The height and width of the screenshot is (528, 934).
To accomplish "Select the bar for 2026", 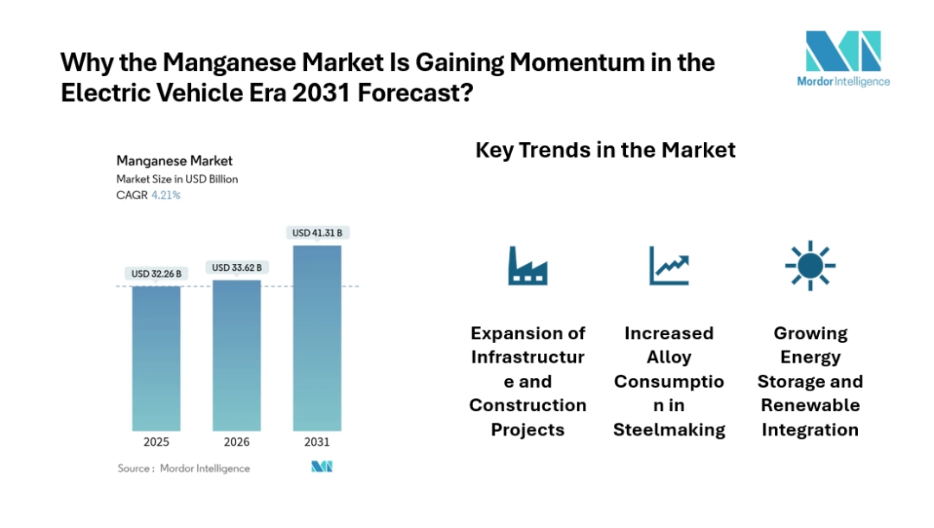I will (x=237, y=355).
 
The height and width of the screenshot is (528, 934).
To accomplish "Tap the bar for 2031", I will (x=317, y=338).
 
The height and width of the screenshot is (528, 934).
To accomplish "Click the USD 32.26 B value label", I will (x=157, y=274).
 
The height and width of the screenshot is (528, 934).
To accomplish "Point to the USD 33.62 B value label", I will (x=237, y=267).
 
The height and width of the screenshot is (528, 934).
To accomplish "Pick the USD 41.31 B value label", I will (x=317, y=233).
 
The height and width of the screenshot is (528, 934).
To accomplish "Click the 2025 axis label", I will (x=157, y=442).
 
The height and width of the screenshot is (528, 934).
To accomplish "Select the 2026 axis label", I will (x=237, y=442).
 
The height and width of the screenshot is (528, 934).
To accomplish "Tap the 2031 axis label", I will (x=317, y=442).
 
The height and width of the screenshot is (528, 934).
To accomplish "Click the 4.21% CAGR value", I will (x=166, y=196).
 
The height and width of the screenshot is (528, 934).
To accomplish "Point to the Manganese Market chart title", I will (x=174, y=161).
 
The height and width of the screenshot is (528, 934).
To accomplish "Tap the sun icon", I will (x=809, y=265).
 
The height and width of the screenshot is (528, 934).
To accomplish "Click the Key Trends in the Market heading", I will (x=605, y=150).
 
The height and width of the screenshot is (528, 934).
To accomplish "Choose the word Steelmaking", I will (x=669, y=430).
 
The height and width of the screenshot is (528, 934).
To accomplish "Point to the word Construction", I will (x=528, y=406).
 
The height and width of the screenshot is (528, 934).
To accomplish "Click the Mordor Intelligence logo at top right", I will (x=842, y=59).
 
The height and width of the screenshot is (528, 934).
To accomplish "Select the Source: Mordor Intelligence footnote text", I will (x=184, y=468).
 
